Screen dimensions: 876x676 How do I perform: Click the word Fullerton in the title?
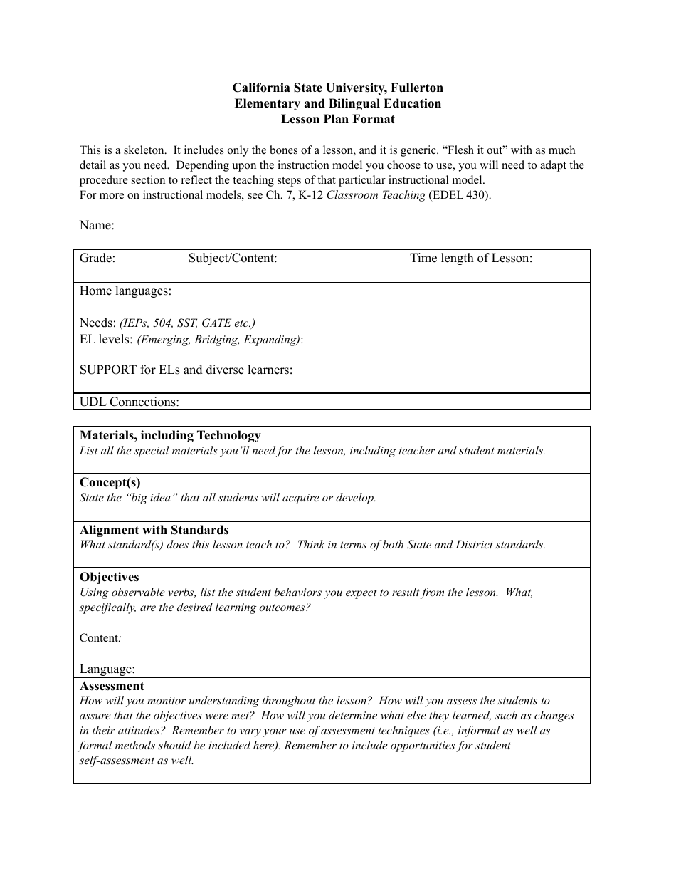[417, 88]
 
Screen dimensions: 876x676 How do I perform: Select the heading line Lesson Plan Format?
[337, 120]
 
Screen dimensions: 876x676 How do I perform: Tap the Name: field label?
[97, 226]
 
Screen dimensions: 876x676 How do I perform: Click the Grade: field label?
[97, 259]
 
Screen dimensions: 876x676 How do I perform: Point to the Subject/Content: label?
[233, 259]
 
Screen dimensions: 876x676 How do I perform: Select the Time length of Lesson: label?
[470, 259]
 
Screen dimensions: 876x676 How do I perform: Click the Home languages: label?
[125, 291]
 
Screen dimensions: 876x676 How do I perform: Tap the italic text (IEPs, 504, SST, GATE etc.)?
[187, 323]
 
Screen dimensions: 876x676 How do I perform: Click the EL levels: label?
[106, 340]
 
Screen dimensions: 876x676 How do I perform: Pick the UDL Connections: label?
[129, 402]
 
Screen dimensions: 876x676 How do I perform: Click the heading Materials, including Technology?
[170, 436]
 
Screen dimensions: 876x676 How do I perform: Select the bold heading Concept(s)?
[110, 483]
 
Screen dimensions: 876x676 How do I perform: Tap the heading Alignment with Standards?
[154, 531]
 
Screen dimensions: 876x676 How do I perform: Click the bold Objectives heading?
[110, 578]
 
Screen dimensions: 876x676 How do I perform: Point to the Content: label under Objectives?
[100, 638]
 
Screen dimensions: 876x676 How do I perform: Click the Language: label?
[107, 669]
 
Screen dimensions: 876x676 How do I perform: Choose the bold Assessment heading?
[112, 687]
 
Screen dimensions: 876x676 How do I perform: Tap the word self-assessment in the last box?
[116, 761]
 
